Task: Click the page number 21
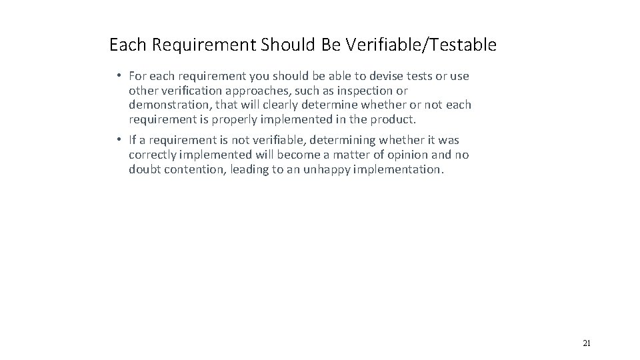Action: pos(587,343)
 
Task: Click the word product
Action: pos(395,119)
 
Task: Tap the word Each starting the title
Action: pos(123,45)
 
